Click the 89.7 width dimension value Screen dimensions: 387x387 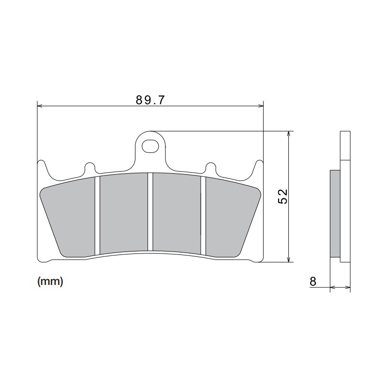150,100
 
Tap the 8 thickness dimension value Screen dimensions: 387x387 313,281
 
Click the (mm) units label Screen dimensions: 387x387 50,282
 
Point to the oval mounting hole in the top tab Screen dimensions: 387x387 150,145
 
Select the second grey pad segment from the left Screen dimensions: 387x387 123,213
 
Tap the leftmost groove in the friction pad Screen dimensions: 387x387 97,215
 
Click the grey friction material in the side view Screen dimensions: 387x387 335,213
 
